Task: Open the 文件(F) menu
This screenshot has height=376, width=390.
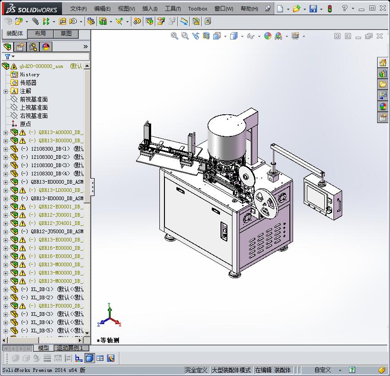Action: (78, 9)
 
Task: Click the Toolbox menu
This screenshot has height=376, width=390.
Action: (198, 9)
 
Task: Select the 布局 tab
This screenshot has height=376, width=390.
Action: (40, 34)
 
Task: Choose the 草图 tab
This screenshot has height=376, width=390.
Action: (66, 34)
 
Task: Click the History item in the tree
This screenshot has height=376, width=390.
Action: (29, 74)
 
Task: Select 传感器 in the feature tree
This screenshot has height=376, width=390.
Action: (28, 83)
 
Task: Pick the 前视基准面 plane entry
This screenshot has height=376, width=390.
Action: (34, 99)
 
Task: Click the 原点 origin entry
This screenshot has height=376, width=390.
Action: (25, 124)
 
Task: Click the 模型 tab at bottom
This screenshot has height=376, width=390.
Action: (44, 348)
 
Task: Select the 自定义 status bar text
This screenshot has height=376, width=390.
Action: (322, 370)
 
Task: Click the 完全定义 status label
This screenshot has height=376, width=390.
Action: (196, 370)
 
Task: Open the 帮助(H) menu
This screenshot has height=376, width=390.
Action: (249, 9)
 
